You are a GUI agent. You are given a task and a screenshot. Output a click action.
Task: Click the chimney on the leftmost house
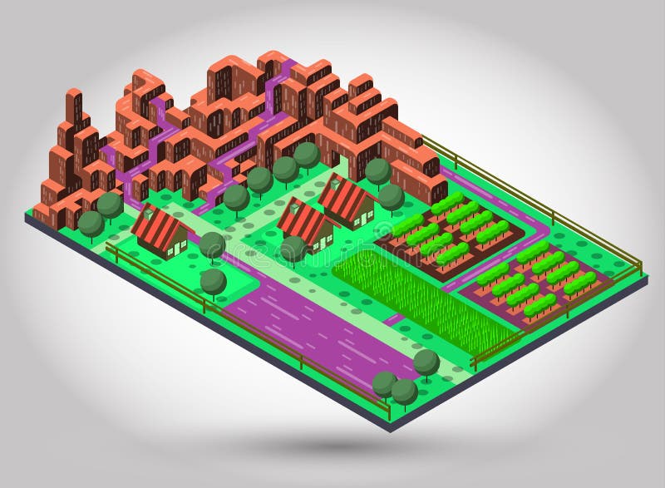tap(149, 213)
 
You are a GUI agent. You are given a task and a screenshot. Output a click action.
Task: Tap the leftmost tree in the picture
tap(91, 223)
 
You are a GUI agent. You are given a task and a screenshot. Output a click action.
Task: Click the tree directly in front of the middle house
tap(293, 248)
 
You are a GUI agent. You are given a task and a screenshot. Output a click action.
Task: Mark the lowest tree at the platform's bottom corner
tap(404, 391)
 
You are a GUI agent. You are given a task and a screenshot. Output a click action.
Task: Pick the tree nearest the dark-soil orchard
tap(391, 197)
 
